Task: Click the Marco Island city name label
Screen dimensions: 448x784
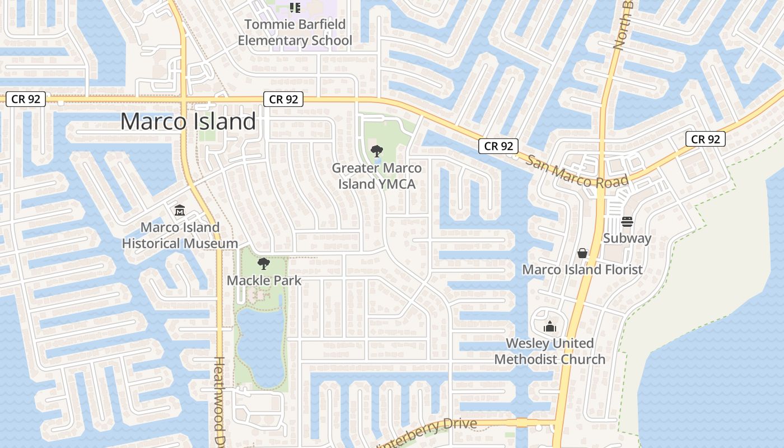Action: click(188, 122)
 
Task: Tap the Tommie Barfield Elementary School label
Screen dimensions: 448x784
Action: click(295, 32)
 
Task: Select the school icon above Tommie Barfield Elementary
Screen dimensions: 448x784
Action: click(295, 8)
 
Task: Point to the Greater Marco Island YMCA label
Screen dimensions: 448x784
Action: click(377, 176)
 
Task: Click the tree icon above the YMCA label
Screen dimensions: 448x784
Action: click(377, 151)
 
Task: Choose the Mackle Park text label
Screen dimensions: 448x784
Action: click(264, 281)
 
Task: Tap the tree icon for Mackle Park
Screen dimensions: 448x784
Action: click(263, 264)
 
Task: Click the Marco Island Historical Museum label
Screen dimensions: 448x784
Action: click(180, 235)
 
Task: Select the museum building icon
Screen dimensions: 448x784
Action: click(180, 211)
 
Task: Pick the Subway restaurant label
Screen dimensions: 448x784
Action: click(627, 239)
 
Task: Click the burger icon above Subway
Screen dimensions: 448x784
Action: click(627, 221)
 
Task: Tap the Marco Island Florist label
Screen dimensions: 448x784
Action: click(582, 270)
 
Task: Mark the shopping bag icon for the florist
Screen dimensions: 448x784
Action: click(582, 254)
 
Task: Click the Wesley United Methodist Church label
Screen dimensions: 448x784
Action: click(550, 351)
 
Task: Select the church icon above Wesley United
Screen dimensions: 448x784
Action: click(550, 326)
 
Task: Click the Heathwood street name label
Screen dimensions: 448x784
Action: click(220, 400)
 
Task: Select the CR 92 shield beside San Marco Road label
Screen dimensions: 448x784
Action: click(498, 146)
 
